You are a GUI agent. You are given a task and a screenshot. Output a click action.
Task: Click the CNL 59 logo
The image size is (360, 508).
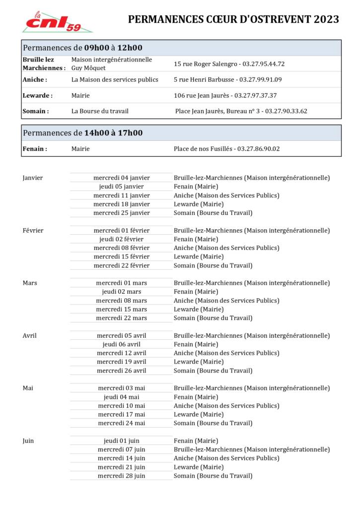coord(57,22)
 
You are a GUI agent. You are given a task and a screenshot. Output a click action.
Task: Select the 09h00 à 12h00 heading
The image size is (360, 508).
coord(113,48)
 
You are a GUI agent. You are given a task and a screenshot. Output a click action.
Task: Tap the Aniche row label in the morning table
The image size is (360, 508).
coord(35,79)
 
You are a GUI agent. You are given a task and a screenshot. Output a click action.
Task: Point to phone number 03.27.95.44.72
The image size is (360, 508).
coord(264,64)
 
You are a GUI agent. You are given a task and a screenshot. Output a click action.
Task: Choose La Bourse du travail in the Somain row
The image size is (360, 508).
coord(100,111)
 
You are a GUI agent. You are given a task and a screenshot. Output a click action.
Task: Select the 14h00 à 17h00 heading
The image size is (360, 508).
coord(113,133)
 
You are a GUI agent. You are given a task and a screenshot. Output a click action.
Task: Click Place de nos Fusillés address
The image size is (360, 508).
coord(203,149)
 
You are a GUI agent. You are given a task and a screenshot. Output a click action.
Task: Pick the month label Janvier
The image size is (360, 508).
coord(33,178)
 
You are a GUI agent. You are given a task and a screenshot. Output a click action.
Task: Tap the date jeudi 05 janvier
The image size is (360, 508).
coord(122,187)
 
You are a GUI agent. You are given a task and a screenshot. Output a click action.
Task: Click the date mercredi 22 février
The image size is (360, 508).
coord(122,265)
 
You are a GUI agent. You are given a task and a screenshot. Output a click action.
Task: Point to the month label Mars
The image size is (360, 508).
coord(30,283)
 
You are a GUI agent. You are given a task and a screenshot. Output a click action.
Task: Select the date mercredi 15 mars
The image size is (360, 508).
coord(122,309)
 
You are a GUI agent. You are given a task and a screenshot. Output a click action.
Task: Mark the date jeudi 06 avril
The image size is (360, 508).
coord(122,344)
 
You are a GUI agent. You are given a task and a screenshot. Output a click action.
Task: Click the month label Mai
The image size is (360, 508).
coord(28,388)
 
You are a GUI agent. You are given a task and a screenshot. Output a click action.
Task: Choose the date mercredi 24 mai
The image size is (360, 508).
coord(122,423)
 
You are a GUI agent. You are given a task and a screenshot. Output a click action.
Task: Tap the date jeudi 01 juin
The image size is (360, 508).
coord(122,441)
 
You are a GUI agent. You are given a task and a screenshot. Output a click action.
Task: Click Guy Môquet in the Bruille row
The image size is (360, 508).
coord(88,68)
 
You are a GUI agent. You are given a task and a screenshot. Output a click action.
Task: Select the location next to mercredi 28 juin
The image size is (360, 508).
coord(213,476)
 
